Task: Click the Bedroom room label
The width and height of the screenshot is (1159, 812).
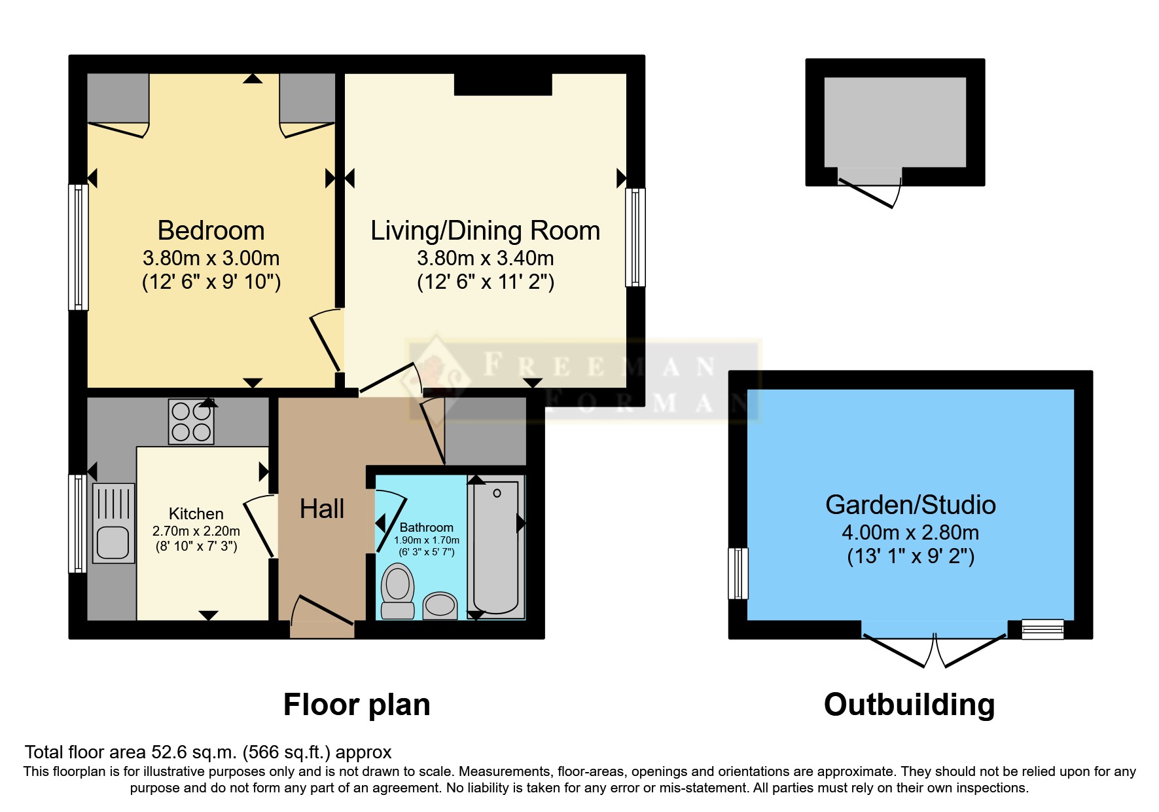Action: [x=211, y=231]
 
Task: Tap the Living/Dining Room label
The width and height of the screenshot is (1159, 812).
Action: [x=485, y=231]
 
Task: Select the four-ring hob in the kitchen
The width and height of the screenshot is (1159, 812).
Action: [x=191, y=422]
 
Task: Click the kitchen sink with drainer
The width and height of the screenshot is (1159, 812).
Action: [x=114, y=524]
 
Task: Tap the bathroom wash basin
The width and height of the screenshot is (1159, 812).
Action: [x=440, y=605]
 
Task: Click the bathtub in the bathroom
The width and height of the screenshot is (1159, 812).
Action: [x=495, y=547]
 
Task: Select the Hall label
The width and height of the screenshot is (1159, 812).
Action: [x=322, y=509]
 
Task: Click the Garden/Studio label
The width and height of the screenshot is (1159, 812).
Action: [x=910, y=505]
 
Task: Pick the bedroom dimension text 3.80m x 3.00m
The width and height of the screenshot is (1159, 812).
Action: [x=211, y=258]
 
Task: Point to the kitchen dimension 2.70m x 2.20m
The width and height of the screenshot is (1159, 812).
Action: [x=196, y=531]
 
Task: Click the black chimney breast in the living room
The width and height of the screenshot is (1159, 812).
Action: [x=503, y=84]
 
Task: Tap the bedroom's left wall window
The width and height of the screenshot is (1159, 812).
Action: [x=79, y=247]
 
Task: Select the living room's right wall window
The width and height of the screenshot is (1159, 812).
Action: [x=635, y=237]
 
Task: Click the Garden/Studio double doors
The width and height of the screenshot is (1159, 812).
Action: [x=935, y=648]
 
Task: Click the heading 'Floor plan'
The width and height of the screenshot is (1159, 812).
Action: [x=357, y=705]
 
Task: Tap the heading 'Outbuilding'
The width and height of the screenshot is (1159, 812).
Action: [x=909, y=705]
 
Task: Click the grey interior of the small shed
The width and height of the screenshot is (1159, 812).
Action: [x=895, y=122]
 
